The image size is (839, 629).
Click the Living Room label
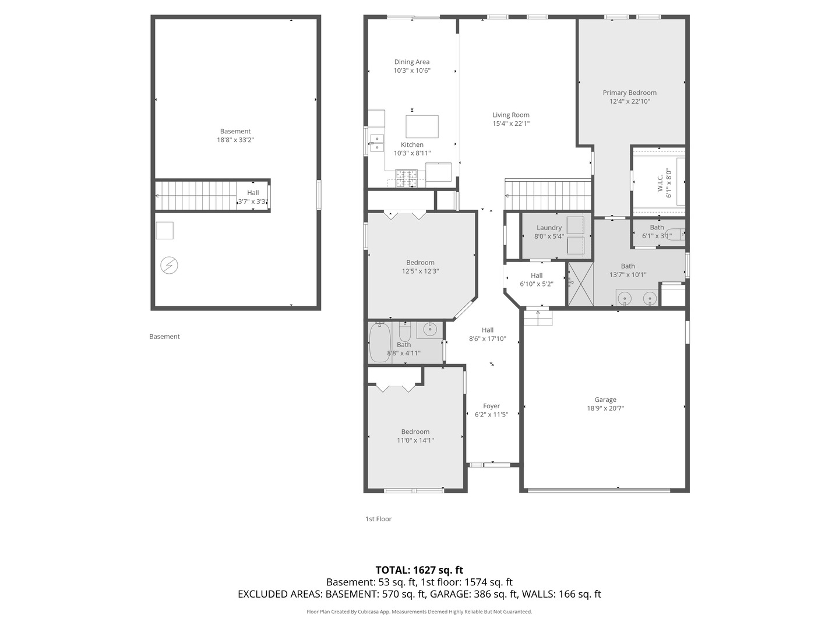[x=510, y=115]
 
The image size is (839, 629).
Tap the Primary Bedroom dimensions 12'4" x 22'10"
[x=629, y=101]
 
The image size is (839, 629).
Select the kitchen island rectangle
[x=422, y=126]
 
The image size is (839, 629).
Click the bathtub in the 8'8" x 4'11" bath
[x=380, y=342]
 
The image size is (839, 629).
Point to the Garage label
[x=605, y=400]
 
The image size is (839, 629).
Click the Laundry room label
[x=549, y=228]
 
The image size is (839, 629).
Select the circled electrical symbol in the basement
[x=169, y=266]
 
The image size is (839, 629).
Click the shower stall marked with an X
[x=581, y=284]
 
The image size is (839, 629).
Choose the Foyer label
[x=491, y=406]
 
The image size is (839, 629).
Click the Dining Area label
[x=412, y=62]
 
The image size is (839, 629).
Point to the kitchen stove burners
[x=406, y=178]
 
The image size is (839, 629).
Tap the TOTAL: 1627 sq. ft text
[x=419, y=570]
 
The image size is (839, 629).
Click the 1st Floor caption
[x=378, y=518]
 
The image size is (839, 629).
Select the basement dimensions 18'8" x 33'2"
[x=235, y=140]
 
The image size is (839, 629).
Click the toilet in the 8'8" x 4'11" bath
[x=405, y=331]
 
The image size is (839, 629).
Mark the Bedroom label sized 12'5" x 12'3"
[x=420, y=263]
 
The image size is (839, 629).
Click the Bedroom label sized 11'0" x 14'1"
[x=415, y=432]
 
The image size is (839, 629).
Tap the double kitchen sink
[x=377, y=143]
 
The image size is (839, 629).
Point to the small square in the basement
[x=165, y=231]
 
